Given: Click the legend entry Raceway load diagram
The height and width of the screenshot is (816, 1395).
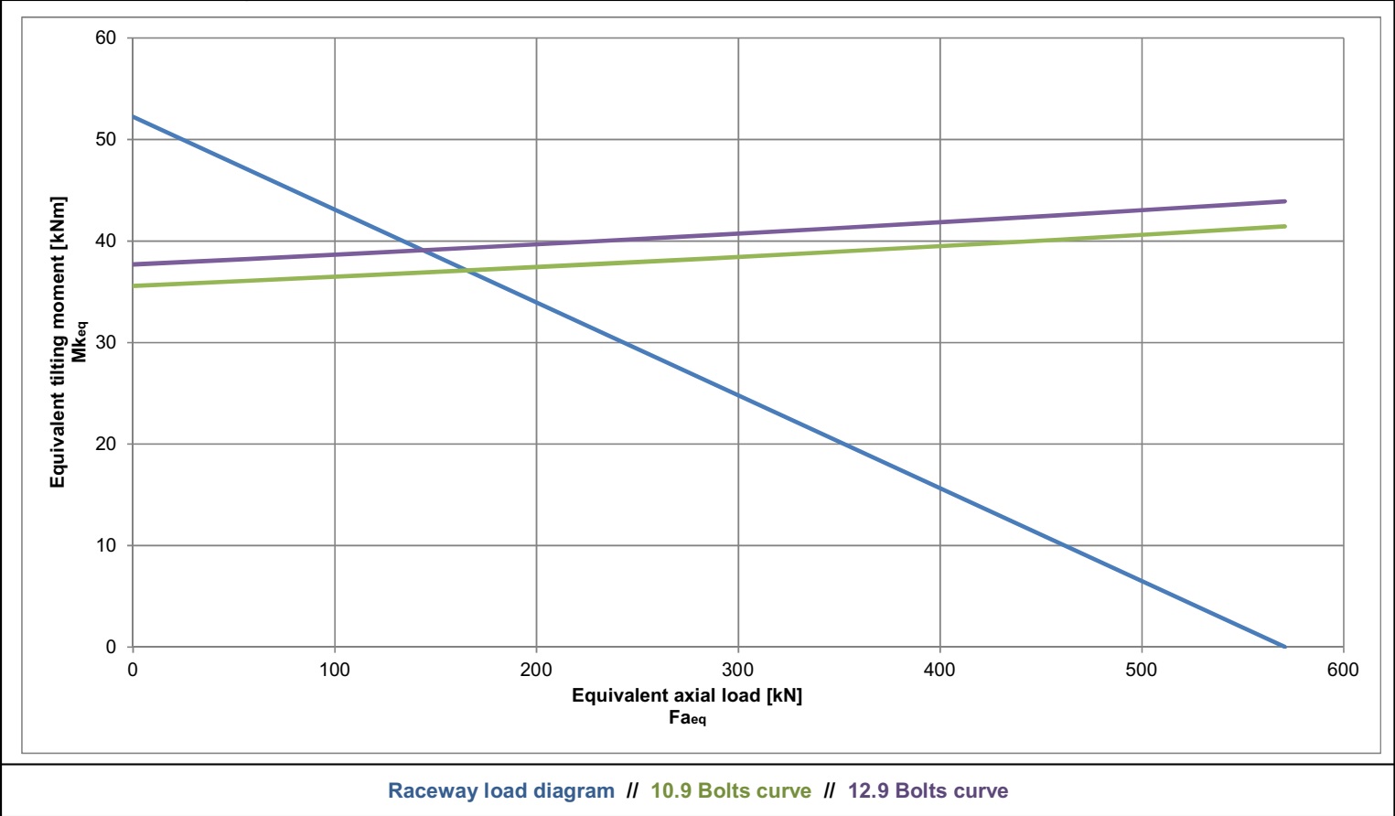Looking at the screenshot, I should [x=500, y=791].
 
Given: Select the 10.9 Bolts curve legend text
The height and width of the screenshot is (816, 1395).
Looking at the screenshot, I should [x=731, y=791].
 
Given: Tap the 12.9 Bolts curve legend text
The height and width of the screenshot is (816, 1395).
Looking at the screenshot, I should [x=928, y=791].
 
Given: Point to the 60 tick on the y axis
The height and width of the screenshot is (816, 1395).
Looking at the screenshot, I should [x=106, y=38].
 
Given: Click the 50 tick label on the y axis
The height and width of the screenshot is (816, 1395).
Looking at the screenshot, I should [x=106, y=140].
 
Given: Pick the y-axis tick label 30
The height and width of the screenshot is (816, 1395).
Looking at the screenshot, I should [x=106, y=342].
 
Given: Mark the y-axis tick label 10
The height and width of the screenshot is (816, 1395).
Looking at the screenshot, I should [x=106, y=545].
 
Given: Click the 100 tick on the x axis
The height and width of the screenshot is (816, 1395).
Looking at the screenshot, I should [x=335, y=670].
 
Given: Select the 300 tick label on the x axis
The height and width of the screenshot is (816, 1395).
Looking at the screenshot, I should [x=738, y=670].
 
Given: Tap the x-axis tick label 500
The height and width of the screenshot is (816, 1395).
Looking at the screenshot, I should [x=1142, y=670].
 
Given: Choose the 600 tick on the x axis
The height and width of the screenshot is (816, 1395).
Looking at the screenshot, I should [x=1343, y=670].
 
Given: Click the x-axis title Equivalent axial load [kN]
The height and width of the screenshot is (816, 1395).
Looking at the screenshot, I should [x=687, y=695].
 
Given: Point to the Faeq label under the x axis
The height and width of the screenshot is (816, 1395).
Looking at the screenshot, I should [x=687, y=718].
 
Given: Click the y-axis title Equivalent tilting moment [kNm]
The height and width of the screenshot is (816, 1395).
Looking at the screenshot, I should [x=59, y=342].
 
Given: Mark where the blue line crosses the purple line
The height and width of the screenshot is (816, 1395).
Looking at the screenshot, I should [x=424, y=250].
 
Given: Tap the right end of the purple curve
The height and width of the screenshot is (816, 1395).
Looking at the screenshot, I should [x=1284, y=201].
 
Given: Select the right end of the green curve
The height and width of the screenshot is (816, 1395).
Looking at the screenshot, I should [x=1284, y=226].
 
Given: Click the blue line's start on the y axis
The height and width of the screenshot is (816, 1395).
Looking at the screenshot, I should [x=134, y=117].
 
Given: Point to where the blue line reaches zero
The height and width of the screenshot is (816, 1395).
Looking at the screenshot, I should [x=1284, y=647].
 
